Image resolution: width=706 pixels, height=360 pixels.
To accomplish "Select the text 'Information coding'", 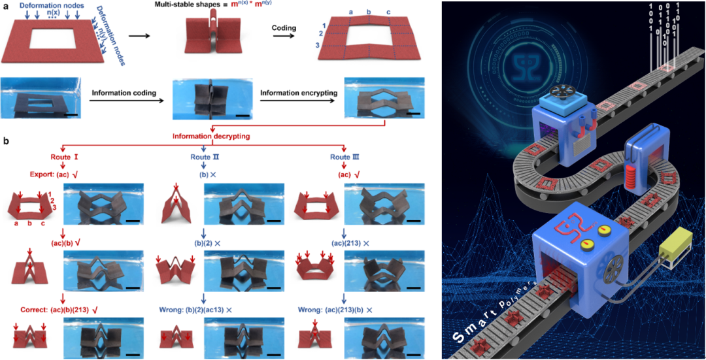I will (x=124, y=93).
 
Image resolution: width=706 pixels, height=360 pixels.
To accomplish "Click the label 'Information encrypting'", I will (x=299, y=93).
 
